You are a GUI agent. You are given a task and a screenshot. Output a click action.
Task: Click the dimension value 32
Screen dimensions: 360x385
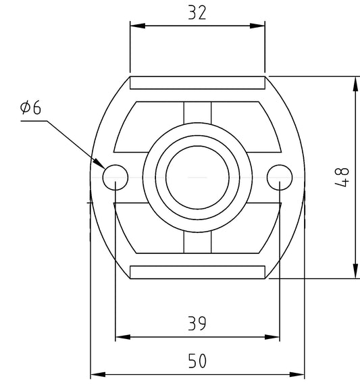click(x=197, y=13)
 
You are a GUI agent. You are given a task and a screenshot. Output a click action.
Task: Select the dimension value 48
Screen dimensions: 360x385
click(x=342, y=178)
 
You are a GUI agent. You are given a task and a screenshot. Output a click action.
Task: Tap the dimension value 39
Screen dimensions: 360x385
click(x=197, y=324)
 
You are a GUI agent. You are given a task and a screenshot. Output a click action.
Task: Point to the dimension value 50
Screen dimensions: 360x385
click(x=197, y=361)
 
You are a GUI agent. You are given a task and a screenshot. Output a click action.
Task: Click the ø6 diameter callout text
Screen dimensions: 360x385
click(x=30, y=107)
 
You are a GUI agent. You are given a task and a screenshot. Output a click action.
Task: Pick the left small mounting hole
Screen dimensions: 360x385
click(x=115, y=178)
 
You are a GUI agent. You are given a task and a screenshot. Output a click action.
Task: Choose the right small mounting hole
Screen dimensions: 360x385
click(x=280, y=178)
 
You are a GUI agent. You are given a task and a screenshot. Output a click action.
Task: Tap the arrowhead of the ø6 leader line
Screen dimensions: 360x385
click(x=99, y=163)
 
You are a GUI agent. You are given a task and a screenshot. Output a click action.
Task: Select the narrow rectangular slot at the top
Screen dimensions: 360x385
click(x=197, y=83)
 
